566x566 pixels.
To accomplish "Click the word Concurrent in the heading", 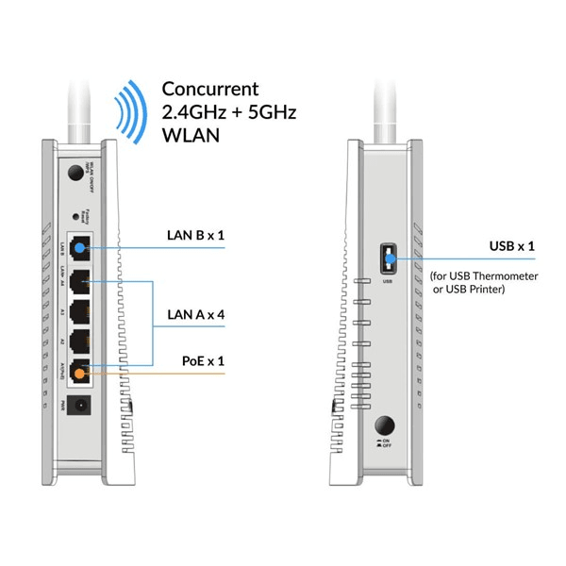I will click(x=209, y=90).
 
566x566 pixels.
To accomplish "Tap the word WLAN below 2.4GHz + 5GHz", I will click(x=191, y=136).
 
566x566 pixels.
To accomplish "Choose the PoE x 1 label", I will click(x=202, y=360).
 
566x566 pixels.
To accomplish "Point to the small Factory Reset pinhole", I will click(x=75, y=215).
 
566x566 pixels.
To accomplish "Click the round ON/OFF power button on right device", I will click(x=386, y=426).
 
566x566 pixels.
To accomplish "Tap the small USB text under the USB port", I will click(x=387, y=280).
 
